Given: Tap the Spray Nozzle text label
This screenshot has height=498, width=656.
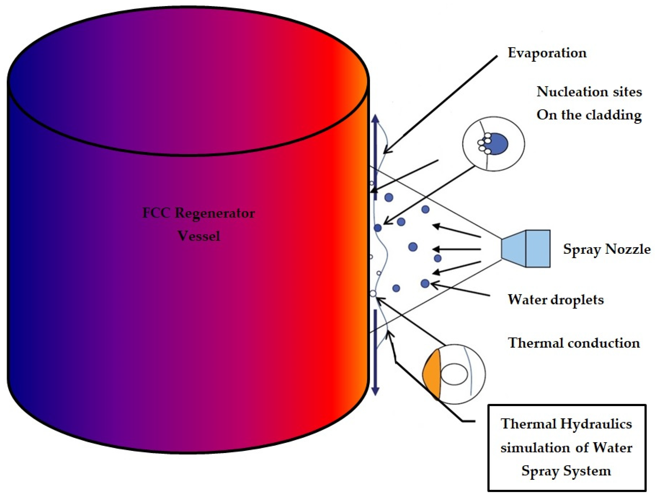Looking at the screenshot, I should click(607, 249).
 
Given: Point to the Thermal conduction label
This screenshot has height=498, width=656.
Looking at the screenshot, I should click(574, 343).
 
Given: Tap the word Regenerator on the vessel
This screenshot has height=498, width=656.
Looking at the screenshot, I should click(215, 213).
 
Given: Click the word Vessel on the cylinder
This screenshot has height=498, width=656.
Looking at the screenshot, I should click(199, 236).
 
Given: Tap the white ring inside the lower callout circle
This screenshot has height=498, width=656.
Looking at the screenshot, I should click(454, 374).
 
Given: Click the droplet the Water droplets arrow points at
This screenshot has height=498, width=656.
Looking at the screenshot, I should click(425, 283).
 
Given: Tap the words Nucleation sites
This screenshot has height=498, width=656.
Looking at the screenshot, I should click(589, 92).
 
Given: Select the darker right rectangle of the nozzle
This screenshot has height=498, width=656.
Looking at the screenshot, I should click(538, 249).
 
